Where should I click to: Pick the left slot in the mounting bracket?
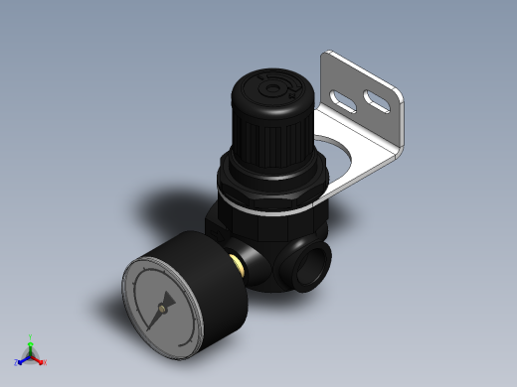(343, 100)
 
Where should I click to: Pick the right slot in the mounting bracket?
(377, 99)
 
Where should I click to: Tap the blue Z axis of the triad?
(23, 361)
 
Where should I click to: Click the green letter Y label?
(31, 336)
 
